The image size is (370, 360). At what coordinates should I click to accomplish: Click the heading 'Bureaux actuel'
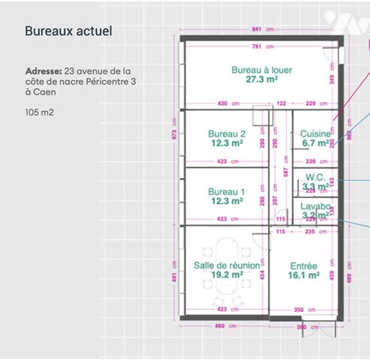click(68, 31)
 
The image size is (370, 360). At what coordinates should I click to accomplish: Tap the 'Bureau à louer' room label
click(261, 69)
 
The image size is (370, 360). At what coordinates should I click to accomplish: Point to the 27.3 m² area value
click(262, 79)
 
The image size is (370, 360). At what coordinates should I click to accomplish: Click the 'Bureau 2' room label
click(227, 133)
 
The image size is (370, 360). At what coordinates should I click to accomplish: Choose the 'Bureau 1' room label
click(227, 192)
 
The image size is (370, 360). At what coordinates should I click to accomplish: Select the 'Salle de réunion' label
click(227, 265)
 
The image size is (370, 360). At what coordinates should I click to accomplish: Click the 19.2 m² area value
click(227, 275)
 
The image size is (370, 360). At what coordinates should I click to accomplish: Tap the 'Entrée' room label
click(303, 266)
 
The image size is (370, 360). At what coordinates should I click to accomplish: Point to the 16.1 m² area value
click(304, 275)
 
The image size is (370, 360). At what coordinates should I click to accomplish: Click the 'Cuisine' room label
click(315, 133)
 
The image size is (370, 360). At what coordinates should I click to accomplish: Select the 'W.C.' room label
click(315, 177)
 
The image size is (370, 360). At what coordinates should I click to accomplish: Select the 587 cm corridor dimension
click(285, 171)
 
